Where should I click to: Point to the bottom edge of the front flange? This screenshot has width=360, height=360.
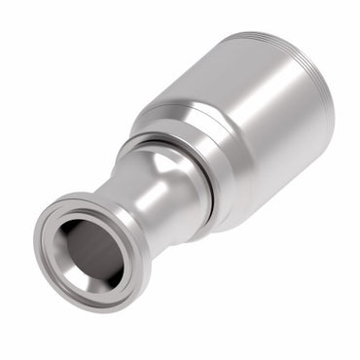coord(88,308)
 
